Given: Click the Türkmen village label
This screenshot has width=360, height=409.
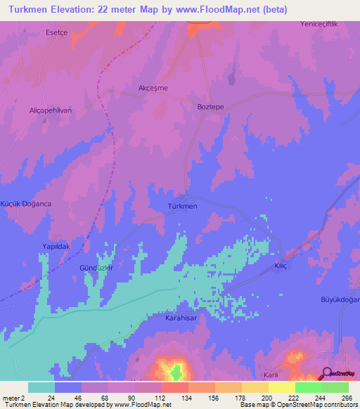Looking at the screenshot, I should (x=183, y=207).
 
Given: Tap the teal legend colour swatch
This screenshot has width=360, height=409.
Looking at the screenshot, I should (x=41, y=387).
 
